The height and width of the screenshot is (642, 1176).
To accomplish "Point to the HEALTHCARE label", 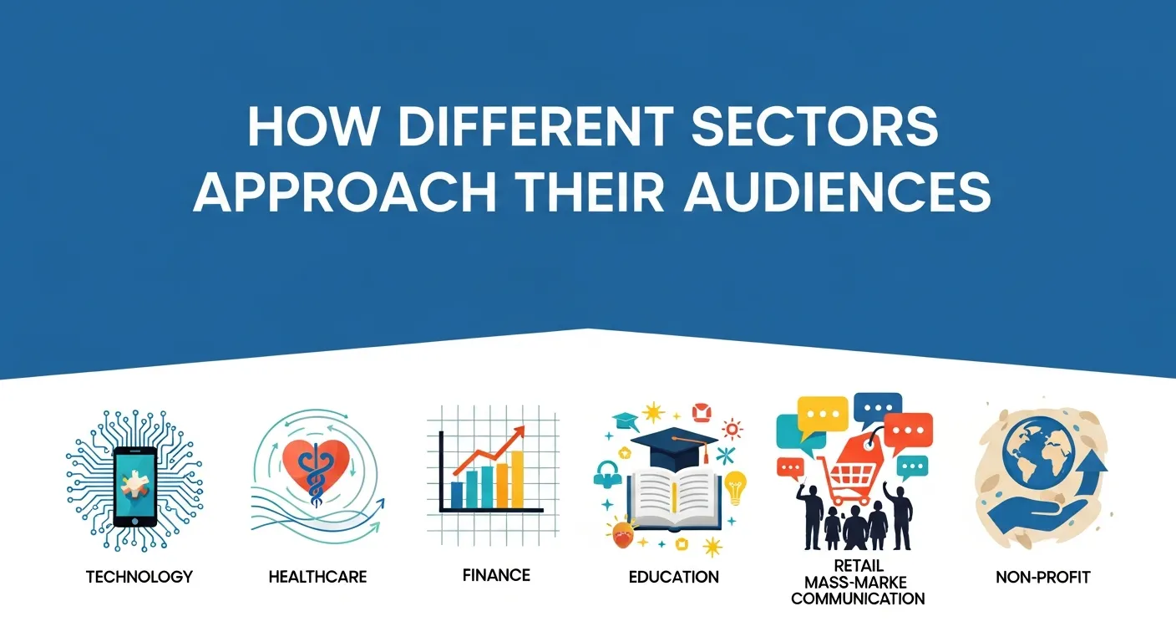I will [317, 577].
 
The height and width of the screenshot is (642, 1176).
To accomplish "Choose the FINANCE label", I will [496, 575].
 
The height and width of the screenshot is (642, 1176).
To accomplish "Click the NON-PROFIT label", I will [1043, 577].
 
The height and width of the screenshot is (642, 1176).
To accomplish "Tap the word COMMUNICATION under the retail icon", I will [858, 599].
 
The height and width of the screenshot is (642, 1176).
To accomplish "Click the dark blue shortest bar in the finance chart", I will [457, 495].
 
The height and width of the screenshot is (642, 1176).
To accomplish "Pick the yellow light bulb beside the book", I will [734, 487].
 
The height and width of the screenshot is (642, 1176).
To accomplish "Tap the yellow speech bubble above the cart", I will [822, 412].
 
